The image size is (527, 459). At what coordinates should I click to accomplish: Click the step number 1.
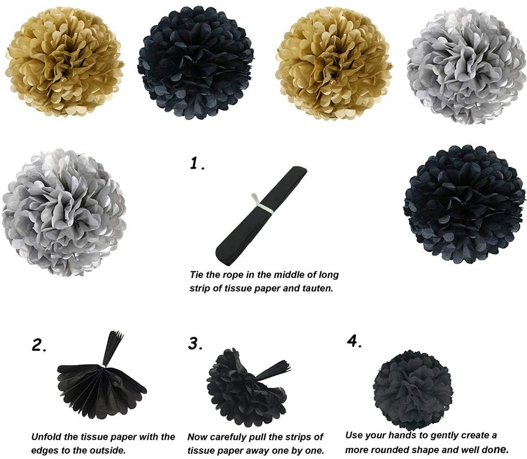tap(197, 163)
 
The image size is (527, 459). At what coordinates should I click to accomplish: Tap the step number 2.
tap(39, 345)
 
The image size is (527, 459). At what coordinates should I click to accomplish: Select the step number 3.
tap(195, 344)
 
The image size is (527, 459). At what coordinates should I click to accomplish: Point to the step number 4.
tap(354, 341)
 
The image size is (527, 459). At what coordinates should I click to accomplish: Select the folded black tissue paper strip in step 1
tap(260, 216)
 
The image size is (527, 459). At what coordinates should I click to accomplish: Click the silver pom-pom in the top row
tap(466, 67)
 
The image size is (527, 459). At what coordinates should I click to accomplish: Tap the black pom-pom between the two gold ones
tap(196, 62)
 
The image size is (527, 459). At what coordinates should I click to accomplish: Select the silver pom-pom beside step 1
tap(64, 212)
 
